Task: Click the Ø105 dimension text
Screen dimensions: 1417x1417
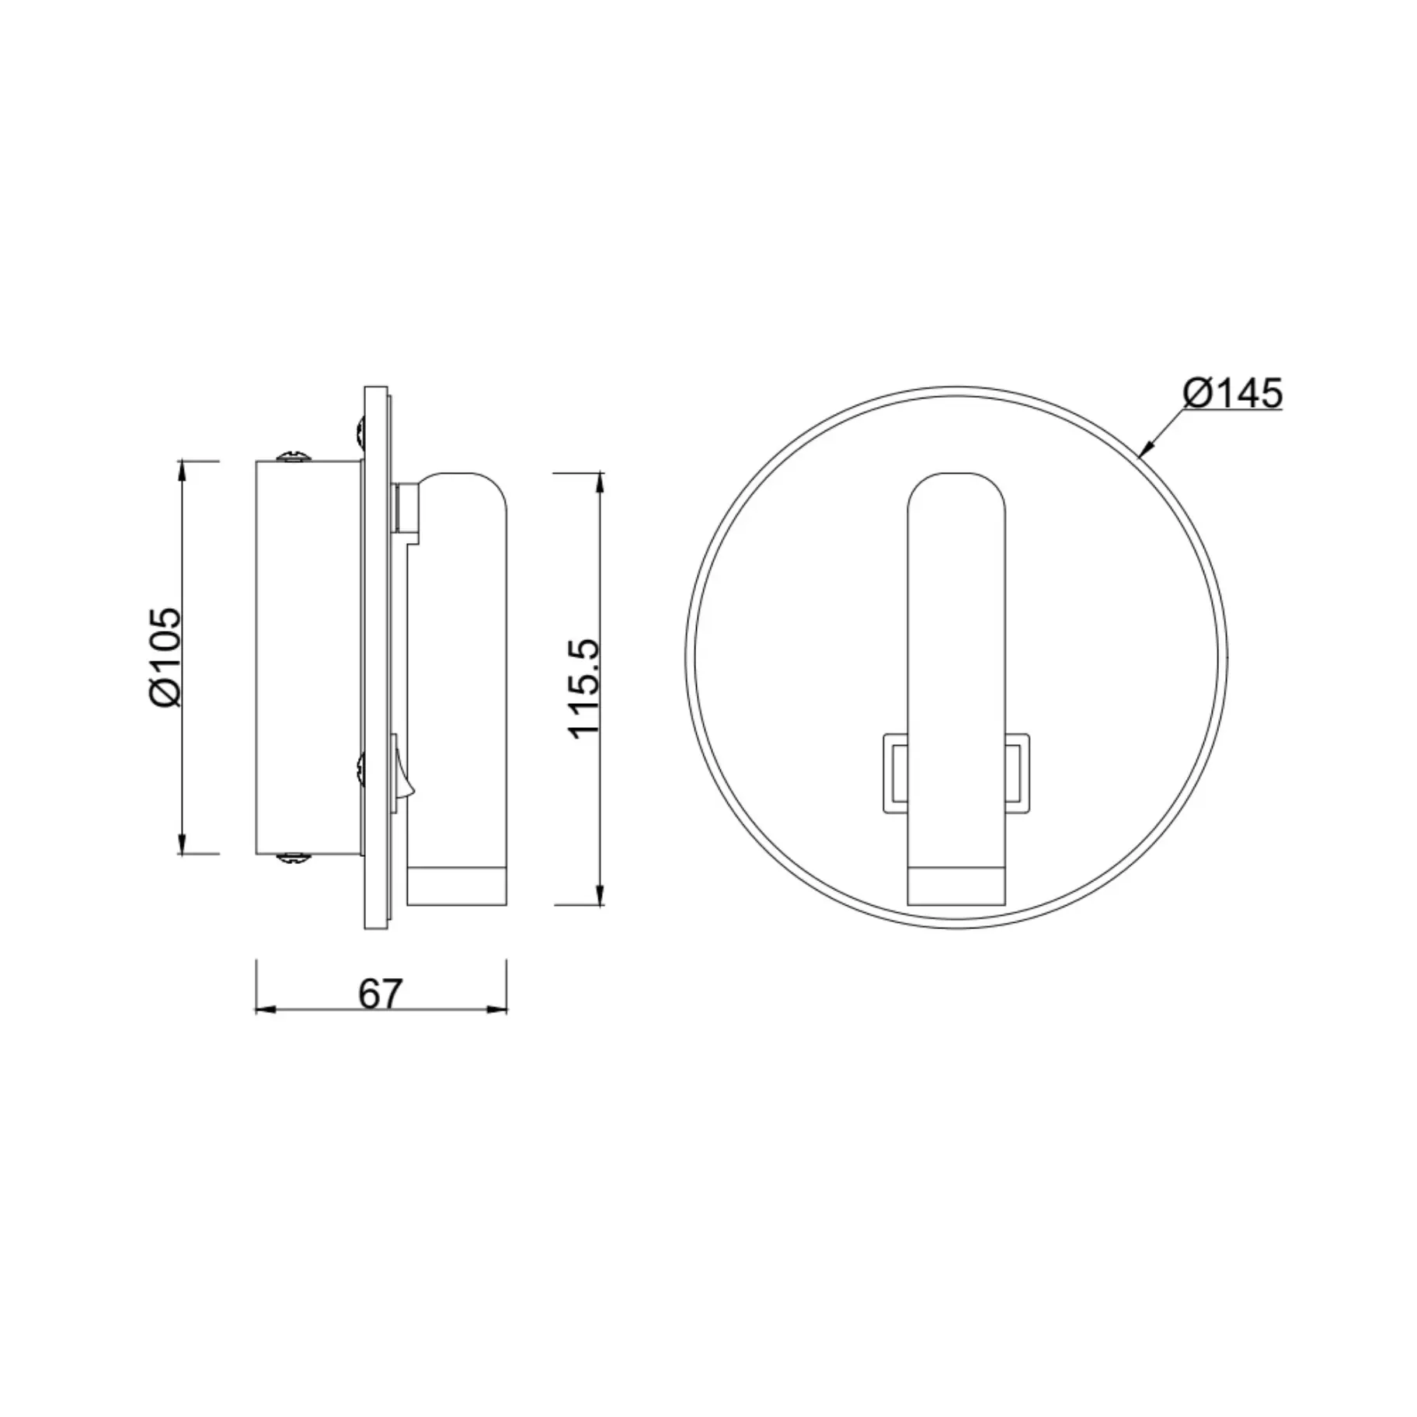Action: (x=165, y=656)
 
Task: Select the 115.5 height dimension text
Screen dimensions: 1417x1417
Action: (x=584, y=688)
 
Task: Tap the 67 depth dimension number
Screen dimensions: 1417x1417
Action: (x=381, y=994)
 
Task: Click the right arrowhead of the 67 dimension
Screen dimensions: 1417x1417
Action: (x=497, y=1009)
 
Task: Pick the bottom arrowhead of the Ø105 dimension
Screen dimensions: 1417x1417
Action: (x=182, y=844)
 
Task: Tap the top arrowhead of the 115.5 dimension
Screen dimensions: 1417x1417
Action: (x=600, y=481)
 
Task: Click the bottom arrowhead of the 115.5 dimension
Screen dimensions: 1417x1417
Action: (x=600, y=895)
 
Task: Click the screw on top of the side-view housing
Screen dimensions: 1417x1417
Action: (x=294, y=456)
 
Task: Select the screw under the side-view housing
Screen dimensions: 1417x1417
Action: (x=294, y=858)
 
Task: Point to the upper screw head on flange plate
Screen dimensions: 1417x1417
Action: (x=360, y=432)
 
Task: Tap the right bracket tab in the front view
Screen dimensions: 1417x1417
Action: (x=1017, y=773)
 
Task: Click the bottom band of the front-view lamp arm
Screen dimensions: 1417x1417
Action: (x=956, y=886)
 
